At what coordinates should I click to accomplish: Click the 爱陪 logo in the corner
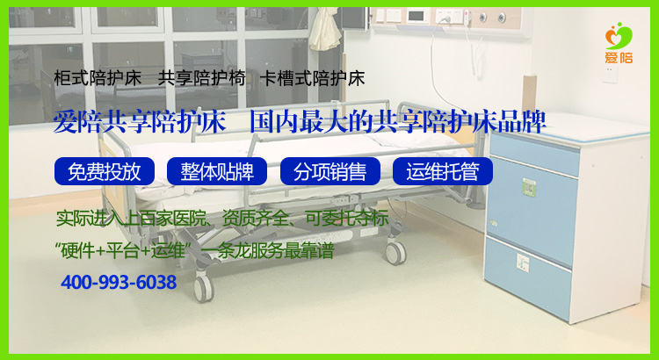click(619, 43)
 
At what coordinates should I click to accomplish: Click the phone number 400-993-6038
click(119, 283)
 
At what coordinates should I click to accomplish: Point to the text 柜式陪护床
click(90, 78)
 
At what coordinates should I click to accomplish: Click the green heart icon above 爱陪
click(619, 35)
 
